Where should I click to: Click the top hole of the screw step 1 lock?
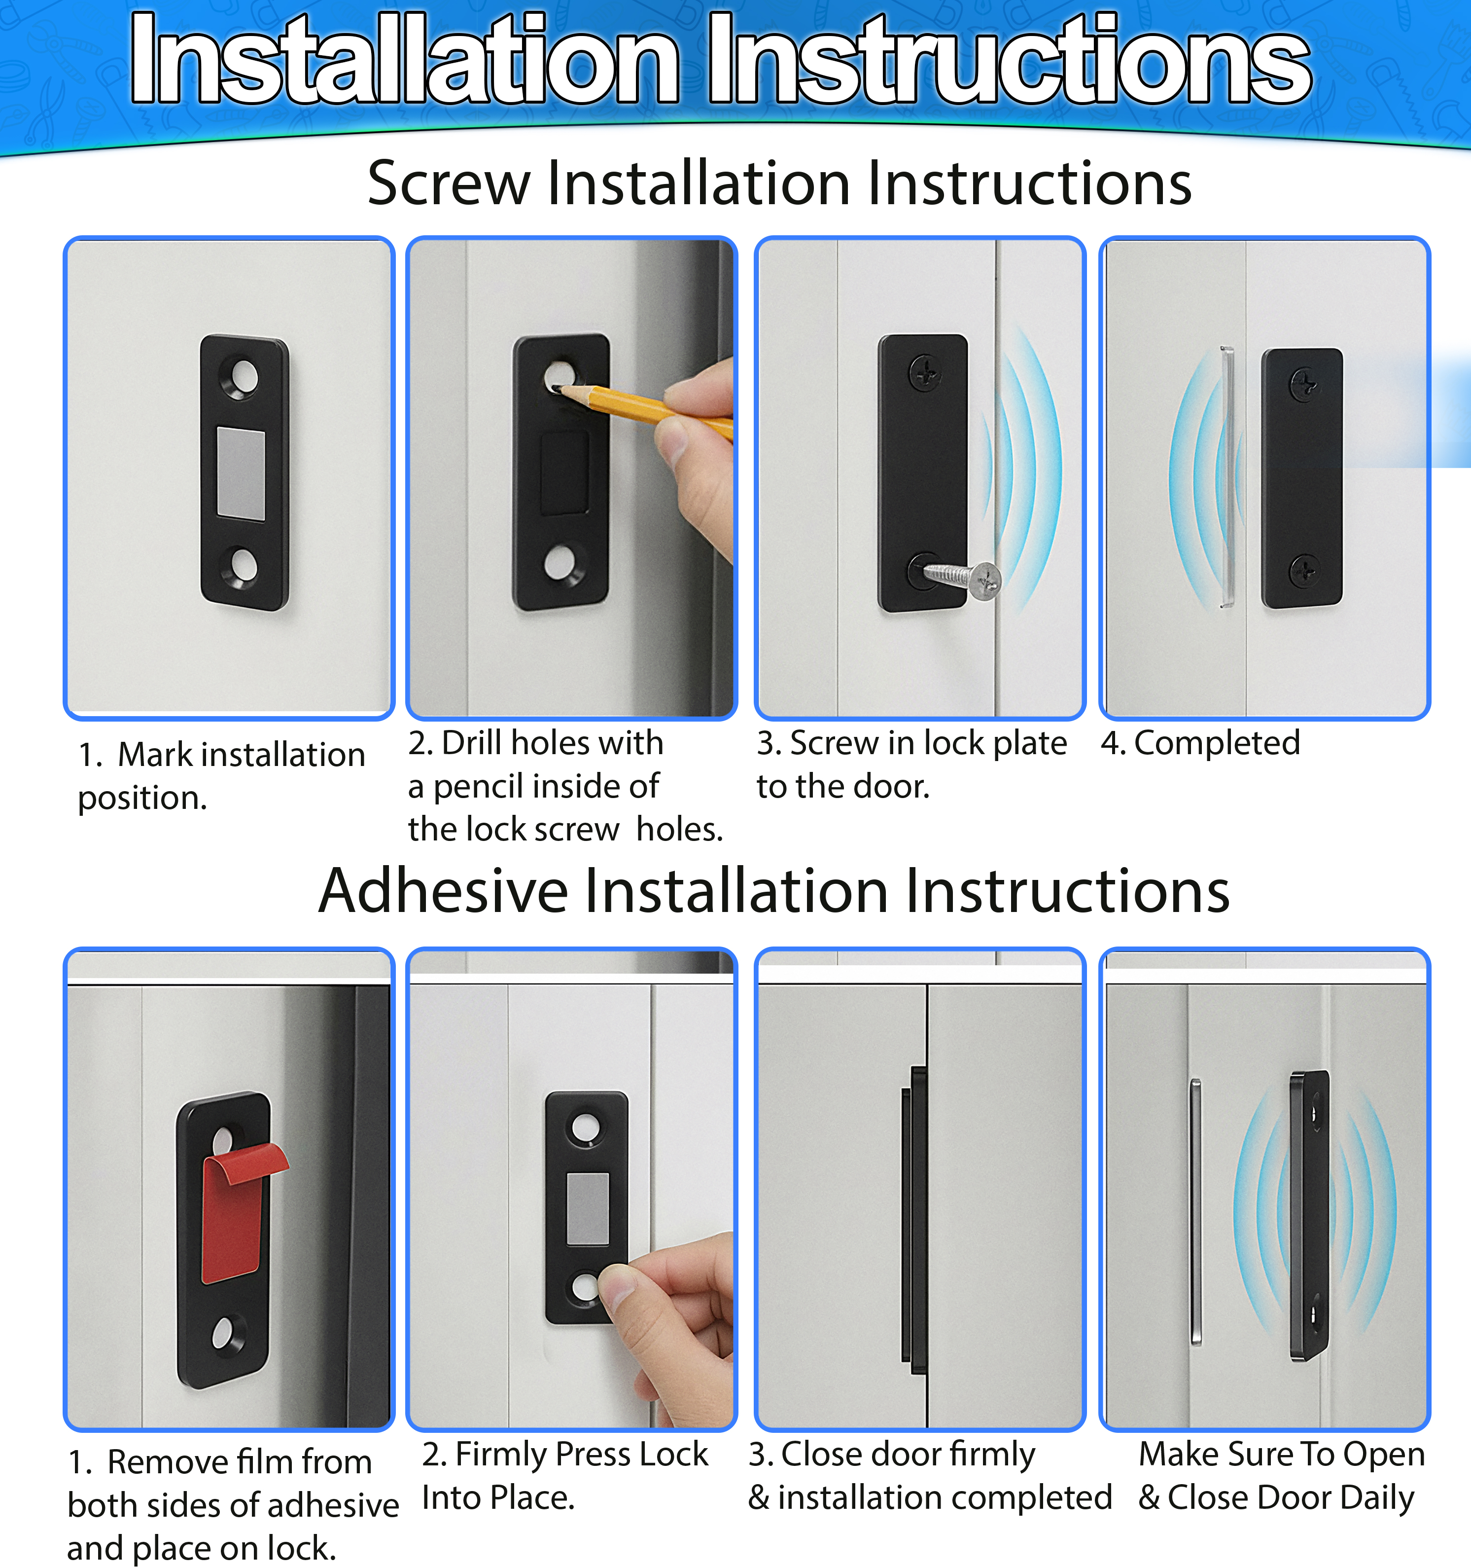244,376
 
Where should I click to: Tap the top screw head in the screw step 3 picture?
925,371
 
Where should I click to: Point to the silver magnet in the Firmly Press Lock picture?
587,1209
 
